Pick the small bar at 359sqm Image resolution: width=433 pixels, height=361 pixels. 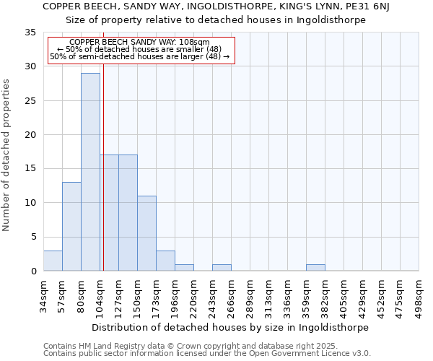pyautogui.click(x=315, y=267)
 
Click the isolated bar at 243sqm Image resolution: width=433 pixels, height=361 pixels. pyautogui.click(x=222, y=267)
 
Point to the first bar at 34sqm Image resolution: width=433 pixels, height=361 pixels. pyautogui.click(x=53, y=261)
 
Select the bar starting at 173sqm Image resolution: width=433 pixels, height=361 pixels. pyautogui.click(x=165, y=261)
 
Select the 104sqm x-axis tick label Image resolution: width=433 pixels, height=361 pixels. pyautogui.click(x=100, y=296)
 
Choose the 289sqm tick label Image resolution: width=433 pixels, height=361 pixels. pyautogui.click(x=250, y=296)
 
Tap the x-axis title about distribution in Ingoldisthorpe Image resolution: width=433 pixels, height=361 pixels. pyautogui.click(x=231, y=327)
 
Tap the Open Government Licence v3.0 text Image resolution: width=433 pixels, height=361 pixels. pyautogui.click(x=310, y=354)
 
